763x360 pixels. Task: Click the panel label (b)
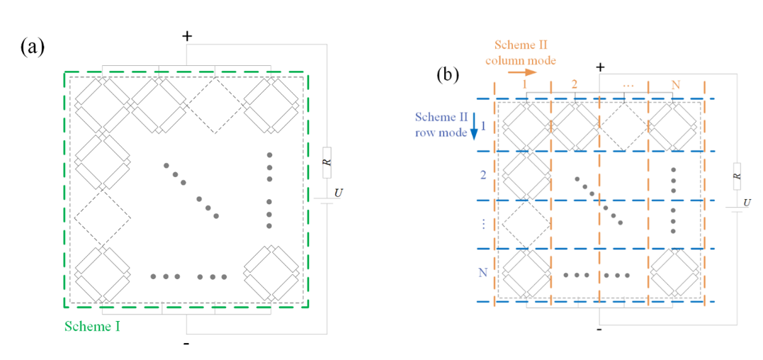pos(448,74)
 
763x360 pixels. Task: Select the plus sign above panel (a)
pos(187,35)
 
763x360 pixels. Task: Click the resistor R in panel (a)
pos(327,163)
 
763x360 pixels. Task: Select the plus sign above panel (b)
pos(600,67)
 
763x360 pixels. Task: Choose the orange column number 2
pos(574,84)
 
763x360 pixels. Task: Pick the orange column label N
pos(676,84)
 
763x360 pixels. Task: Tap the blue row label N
pos(484,272)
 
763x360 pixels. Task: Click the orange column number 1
pos(525,84)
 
